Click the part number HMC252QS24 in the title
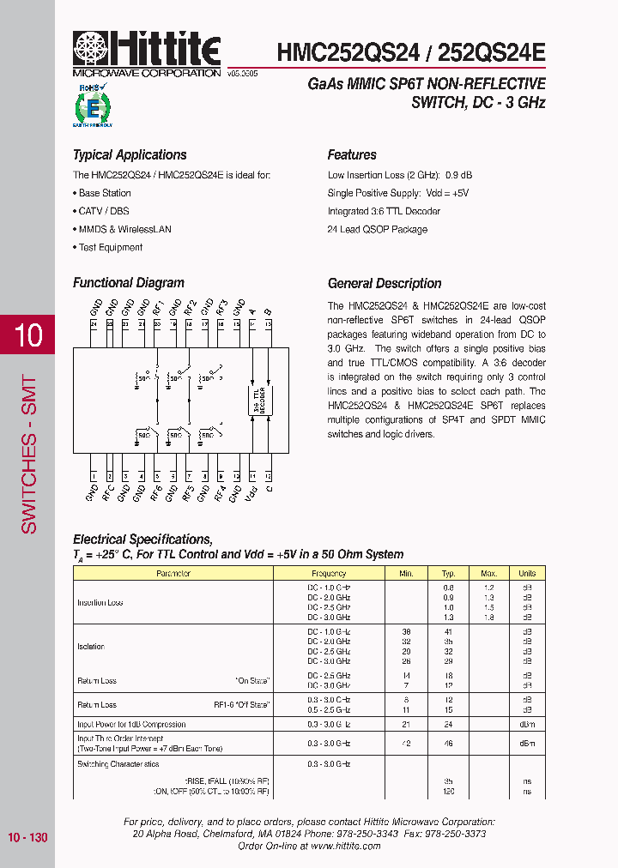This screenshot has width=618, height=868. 348,52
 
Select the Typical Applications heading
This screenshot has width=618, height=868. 129,155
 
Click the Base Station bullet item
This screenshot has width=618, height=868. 102,193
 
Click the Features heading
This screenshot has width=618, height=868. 352,155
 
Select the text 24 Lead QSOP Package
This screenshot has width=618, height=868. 377,230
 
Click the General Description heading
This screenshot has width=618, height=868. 385,284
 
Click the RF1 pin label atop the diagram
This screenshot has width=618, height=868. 158,307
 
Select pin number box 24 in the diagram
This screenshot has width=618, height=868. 94,324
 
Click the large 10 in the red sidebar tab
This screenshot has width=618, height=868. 28,335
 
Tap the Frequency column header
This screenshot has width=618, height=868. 329,573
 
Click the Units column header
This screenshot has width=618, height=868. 527,573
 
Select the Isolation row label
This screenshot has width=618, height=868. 92,647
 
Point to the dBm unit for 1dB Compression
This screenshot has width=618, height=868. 527,725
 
